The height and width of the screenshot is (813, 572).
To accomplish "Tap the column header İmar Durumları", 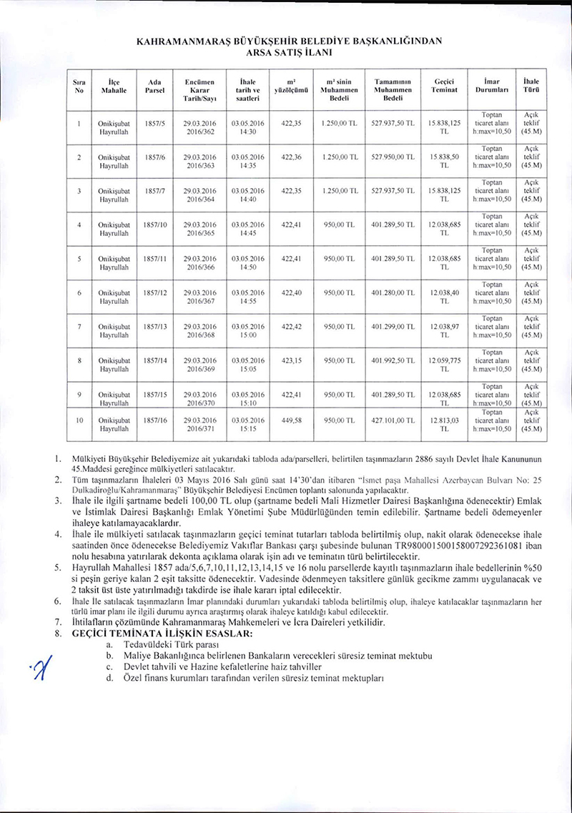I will (x=491, y=85).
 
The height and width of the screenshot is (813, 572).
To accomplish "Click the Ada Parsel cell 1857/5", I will (x=155, y=123).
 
